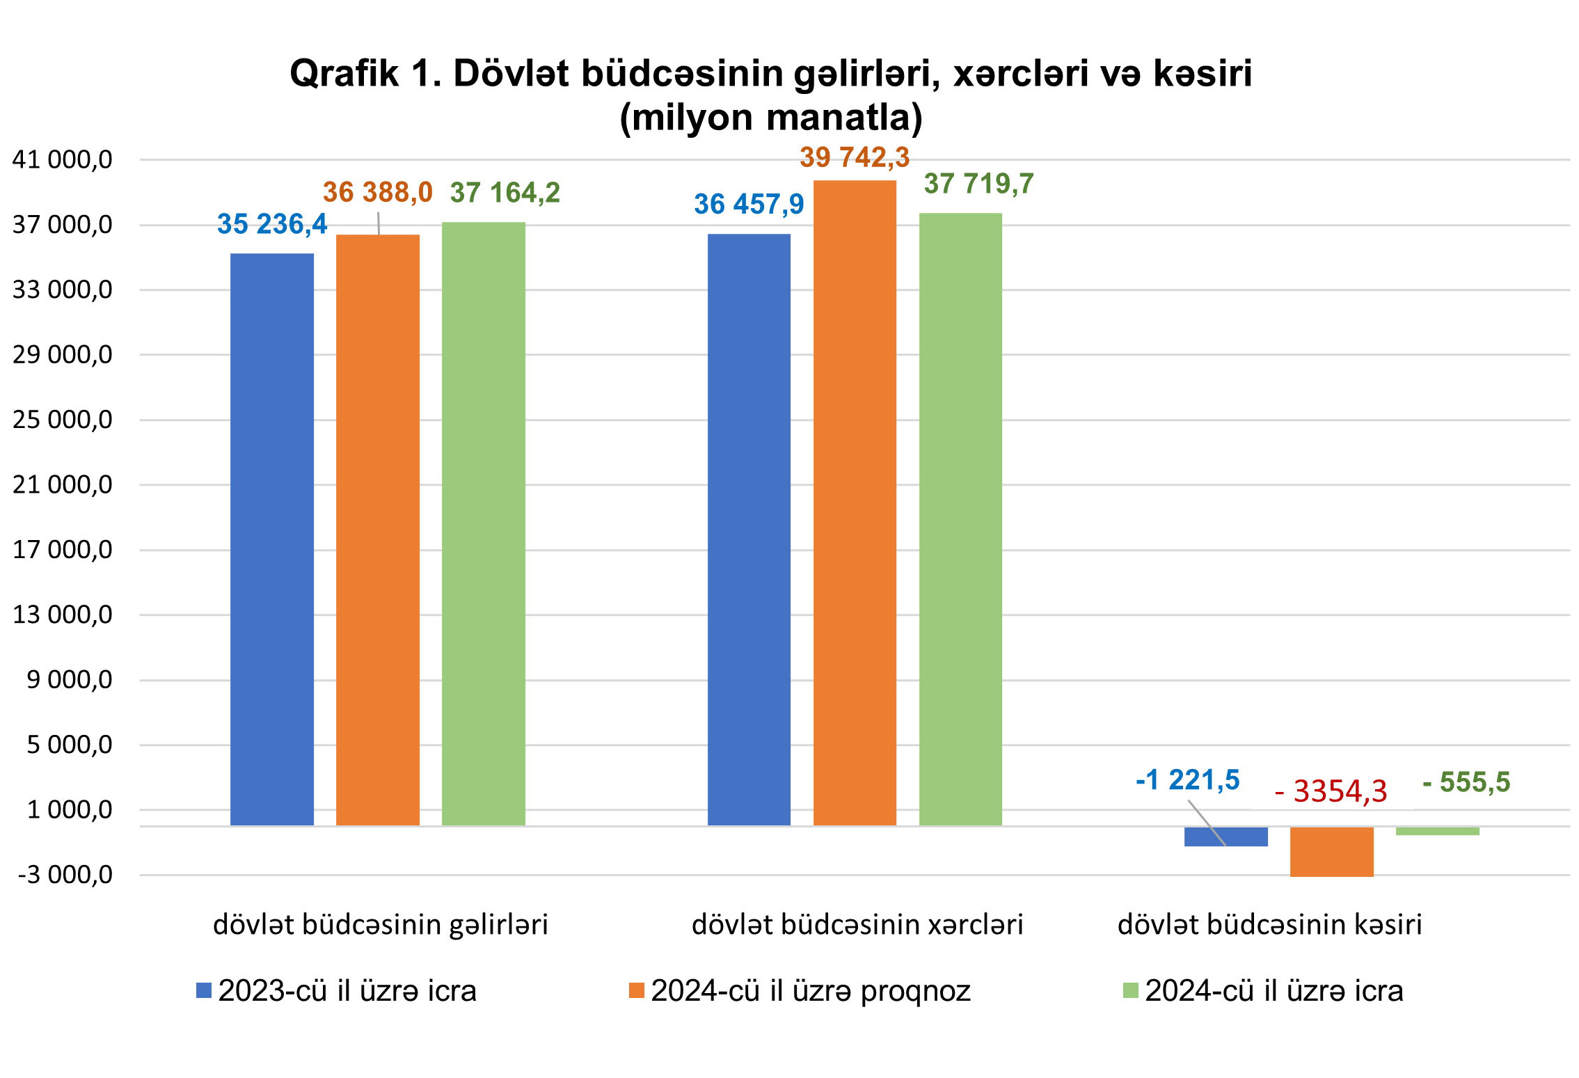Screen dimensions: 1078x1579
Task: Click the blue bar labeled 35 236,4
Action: pyautogui.click(x=271, y=539)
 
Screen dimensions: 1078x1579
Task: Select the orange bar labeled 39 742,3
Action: pyautogui.click(x=855, y=502)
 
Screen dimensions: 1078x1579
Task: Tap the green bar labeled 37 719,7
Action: pyautogui.click(x=960, y=519)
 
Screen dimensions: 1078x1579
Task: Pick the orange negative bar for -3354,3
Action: pyautogui.click(x=1331, y=851)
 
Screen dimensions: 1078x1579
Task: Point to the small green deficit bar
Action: pyautogui.click(x=1437, y=831)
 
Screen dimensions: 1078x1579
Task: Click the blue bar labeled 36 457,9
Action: pyautogui.click(x=749, y=530)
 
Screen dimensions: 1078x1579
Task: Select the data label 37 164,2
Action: pyautogui.click(x=505, y=193)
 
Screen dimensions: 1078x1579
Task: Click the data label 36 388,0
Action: pyautogui.click(x=377, y=192)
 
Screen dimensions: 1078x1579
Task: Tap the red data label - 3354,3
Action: pyautogui.click(x=1331, y=791)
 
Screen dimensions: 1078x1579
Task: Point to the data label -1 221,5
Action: pyautogui.click(x=1187, y=780)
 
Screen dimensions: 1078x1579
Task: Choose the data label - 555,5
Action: pyautogui.click(x=1466, y=782)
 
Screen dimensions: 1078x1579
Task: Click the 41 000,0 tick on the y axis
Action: pyautogui.click(x=63, y=160)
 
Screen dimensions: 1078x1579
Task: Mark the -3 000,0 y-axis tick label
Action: pyautogui.click(x=65, y=875)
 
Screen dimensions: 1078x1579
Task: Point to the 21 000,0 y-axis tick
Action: pyautogui.click(x=63, y=485)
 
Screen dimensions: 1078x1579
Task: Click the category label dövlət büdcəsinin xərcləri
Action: pyautogui.click(x=857, y=925)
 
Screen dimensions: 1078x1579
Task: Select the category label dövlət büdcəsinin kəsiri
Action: pyautogui.click(x=1269, y=925)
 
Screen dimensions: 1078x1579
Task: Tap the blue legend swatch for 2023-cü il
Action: pyautogui.click(x=204, y=990)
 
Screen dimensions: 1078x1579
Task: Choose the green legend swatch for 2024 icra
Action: pyautogui.click(x=1130, y=990)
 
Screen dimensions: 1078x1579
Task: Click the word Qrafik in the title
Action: pyautogui.click(x=344, y=73)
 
